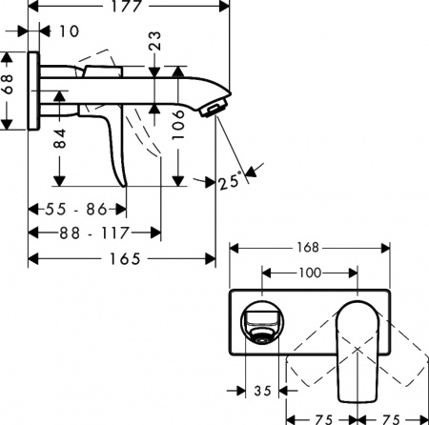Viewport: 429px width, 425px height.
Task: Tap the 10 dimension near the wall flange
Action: click(x=68, y=31)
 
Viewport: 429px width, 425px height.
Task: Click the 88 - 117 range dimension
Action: click(x=93, y=232)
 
